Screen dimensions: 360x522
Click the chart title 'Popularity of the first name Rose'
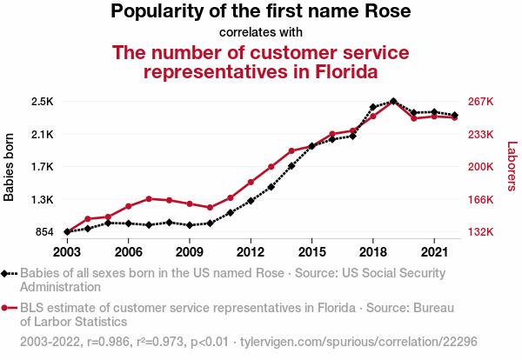261,12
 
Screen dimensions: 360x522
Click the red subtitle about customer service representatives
261,62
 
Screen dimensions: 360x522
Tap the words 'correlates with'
261,33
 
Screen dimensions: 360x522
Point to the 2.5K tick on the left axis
43,102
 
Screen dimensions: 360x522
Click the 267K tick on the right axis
481,102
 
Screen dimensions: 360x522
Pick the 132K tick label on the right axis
481,232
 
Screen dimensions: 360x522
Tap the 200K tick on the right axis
481,167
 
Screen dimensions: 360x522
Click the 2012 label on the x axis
251,251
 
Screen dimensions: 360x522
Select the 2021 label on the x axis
433,251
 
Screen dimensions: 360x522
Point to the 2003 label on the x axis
67,251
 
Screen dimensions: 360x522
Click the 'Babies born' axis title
10,167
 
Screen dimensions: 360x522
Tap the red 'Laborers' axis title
512,167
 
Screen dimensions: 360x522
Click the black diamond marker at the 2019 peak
393,102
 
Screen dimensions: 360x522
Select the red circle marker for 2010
210,208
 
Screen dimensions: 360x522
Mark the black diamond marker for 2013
271,186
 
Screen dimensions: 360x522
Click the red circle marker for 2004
88,219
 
